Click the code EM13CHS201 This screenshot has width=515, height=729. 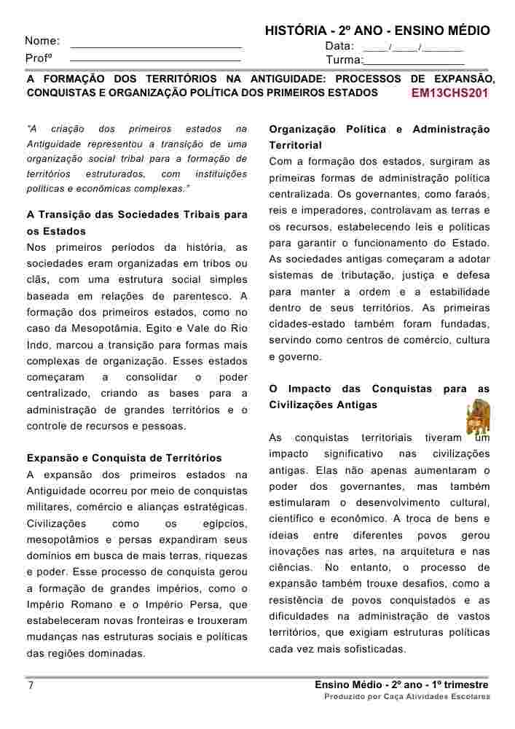pos(449,93)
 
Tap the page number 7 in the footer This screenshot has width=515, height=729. pos(30,686)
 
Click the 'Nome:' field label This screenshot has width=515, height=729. pos(42,41)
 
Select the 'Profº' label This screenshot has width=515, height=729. pos(38,58)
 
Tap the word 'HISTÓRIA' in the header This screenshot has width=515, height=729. pos(294,31)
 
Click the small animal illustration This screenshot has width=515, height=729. pos(478,416)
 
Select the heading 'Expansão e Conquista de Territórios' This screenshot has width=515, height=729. pos(124,459)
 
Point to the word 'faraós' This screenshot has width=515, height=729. pos(473,194)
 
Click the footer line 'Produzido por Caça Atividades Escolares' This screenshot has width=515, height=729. pos(407,697)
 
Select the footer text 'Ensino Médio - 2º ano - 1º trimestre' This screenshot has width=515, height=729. pos(401,685)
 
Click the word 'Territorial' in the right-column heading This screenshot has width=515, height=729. pos(295,146)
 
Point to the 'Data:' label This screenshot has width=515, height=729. pos(339,46)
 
